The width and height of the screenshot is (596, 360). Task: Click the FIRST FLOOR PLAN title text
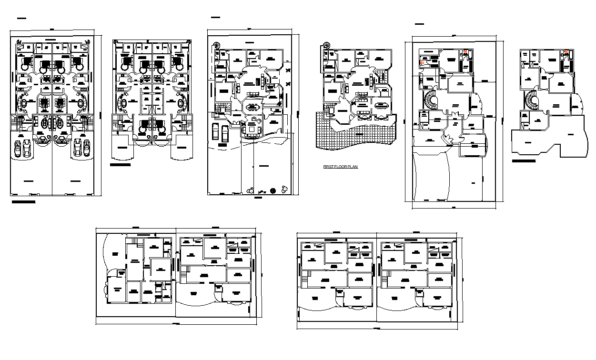click(x=340, y=167)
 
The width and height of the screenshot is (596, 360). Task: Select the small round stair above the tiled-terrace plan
click(x=326, y=46)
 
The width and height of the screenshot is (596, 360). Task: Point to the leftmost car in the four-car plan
click(x=18, y=149)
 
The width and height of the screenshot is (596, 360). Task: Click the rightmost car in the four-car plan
click(x=87, y=148)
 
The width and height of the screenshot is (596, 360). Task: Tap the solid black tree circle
click(x=272, y=190)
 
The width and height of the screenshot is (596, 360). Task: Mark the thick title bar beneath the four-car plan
click(x=23, y=202)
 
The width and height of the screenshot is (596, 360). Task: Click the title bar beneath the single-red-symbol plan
click(x=524, y=161)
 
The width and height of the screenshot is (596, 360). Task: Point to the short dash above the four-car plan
click(x=21, y=19)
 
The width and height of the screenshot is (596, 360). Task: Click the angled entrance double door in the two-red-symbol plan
click(x=447, y=140)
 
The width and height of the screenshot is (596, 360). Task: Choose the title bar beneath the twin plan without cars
click(x=120, y=165)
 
